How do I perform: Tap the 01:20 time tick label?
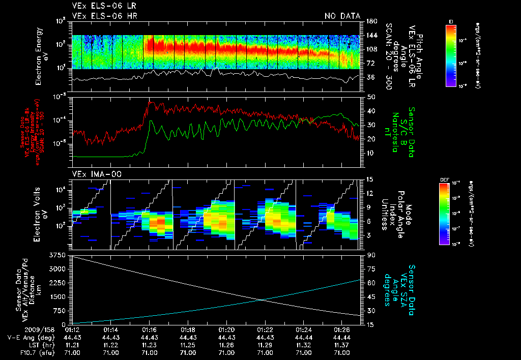click(x=226, y=330)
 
